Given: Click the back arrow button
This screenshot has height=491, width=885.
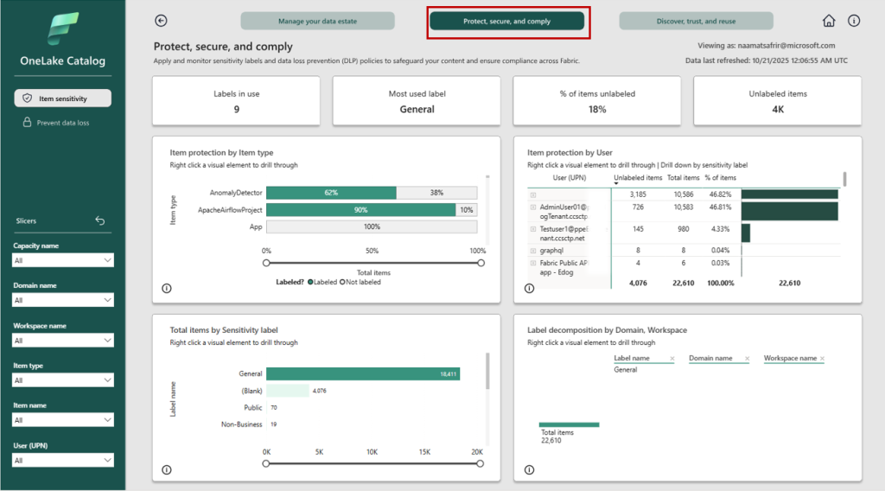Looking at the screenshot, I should click(x=161, y=21).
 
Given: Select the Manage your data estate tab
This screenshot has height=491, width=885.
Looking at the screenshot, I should click(x=317, y=21).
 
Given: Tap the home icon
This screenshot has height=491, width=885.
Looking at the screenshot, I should click(x=829, y=21).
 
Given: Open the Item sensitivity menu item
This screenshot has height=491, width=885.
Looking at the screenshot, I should click(x=62, y=99).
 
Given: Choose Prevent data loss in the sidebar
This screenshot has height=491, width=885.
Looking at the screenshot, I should click(x=62, y=123).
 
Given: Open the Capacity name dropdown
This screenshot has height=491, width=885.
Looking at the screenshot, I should click(x=63, y=260).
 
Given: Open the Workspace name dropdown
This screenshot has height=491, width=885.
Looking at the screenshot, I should click(x=63, y=341).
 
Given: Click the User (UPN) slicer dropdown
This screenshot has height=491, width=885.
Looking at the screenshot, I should click(x=63, y=460).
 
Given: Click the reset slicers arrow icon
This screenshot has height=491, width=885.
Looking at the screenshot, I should click(x=99, y=220).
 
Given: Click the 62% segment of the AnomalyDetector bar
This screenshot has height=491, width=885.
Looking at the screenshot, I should click(x=331, y=193).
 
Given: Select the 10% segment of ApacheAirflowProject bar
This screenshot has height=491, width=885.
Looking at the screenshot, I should click(x=467, y=210).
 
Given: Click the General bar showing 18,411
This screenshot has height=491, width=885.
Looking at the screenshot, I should click(x=363, y=374).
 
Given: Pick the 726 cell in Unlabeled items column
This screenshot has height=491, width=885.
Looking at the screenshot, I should click(x=638, y=207).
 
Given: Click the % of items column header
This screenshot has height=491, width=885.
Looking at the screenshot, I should click(x=719, y=178).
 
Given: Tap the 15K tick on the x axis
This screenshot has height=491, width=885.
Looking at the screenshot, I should click(x=424, y=452).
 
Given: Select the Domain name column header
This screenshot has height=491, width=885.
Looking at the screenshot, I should click(x=710, y=358).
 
